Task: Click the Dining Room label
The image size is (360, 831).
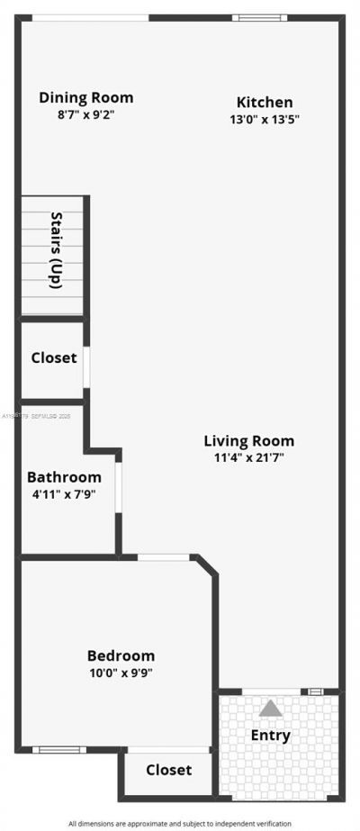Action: (86, 98)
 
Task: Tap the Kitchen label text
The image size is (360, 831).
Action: (265, 103)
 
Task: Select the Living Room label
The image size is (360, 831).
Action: (249, 441)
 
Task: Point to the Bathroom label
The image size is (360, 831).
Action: (64, 477)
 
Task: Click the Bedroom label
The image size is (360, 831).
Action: (121, 656)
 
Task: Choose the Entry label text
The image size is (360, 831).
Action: (271, 736)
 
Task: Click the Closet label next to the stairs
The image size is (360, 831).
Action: (54, 357)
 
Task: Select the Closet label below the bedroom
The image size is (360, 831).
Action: (169, 770)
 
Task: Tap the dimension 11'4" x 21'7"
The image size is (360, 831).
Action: (249, 457)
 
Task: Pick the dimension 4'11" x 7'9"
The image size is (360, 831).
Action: (62, 493)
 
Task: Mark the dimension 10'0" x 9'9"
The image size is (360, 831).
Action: (121, 673)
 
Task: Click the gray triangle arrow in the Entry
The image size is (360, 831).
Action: (271, 709)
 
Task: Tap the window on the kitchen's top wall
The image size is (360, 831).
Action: (259, 17)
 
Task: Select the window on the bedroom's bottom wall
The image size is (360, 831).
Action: (59, 749)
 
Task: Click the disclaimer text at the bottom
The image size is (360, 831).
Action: (180, 824)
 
